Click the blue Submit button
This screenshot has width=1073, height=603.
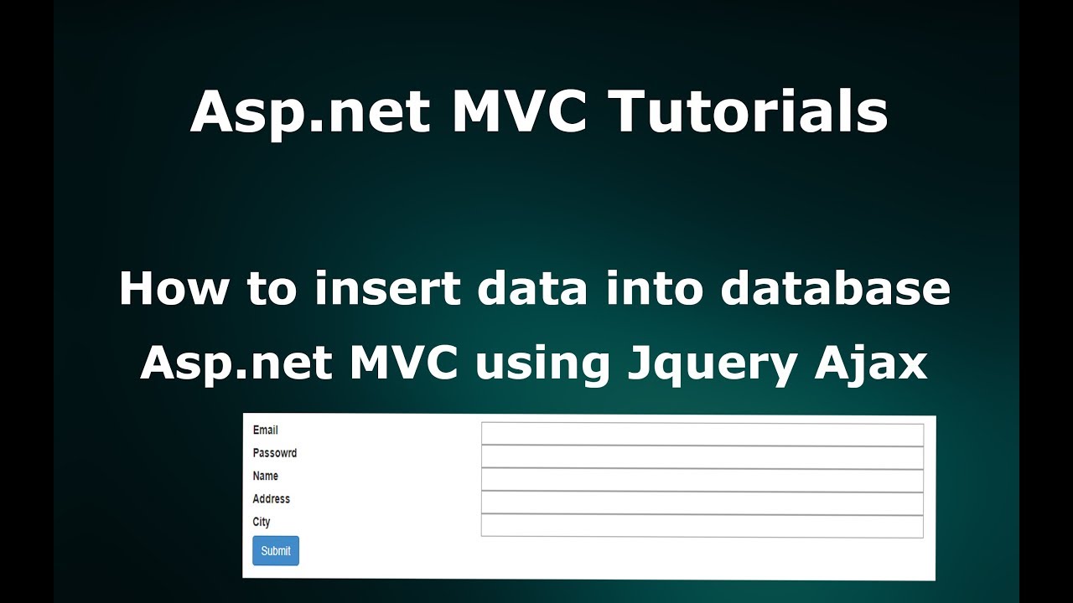pos(275,551)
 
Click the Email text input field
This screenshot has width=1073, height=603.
pos(702,435)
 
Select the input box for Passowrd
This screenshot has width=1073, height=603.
pos(702,457)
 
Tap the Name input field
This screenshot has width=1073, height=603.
pos(702,480)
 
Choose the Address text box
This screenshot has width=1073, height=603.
pos(702,502)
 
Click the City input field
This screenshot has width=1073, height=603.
pos(702,526)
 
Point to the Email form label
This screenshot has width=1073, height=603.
pos(265,430)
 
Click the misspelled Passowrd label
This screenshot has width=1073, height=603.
pos(274,453)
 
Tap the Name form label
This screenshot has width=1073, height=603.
pos(265,476)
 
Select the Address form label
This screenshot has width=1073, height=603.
pos(271,499)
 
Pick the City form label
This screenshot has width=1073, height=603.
pos(262,522)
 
